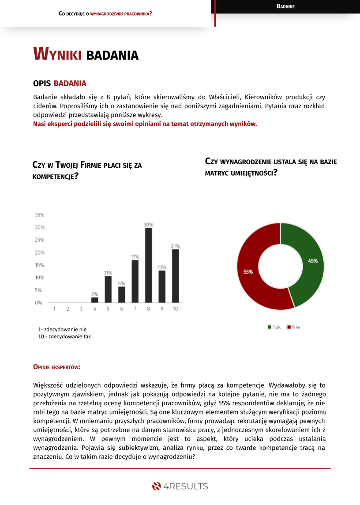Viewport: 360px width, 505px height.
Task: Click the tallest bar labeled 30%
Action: pyautogui.click(x=149, y=265)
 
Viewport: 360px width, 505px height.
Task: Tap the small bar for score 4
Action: pyautogui.click(x=94, y=300)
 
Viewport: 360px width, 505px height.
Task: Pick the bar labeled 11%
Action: pyautogui.click(x=108, y=289)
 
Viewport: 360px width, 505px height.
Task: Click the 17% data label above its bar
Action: pyautogui.click(x=135, y=256)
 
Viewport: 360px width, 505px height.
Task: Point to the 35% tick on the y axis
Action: pyautogui.click(x=40, y=215)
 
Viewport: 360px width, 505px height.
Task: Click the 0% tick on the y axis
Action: pyautogui.click(x=39, y=303)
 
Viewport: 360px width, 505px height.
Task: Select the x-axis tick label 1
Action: pyautogui.click(x=54, y=309)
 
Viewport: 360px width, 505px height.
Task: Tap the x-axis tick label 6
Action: pyautogui.click(x=122, y=309)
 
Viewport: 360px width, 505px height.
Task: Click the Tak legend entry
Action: pyautogui.click(x=274, y=327)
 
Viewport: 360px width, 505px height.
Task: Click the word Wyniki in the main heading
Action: pyautogui.click(x=57, y=54)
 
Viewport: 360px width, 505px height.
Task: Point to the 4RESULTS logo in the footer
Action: pyautogui.click(x=180, y=486)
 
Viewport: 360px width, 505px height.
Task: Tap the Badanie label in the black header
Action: pyautogui.click(x=285, y=6)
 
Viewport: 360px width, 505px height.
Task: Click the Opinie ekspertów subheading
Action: pyautogui.click(x=56, y=367)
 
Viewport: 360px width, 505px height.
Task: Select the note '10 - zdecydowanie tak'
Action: pyautogui.click(x=64, y=336)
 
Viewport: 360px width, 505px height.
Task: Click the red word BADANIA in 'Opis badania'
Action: pyautogui.click(x=70, y=83)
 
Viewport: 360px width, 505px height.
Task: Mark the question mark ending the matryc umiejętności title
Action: pyautogui.click(x=275, y=173)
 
